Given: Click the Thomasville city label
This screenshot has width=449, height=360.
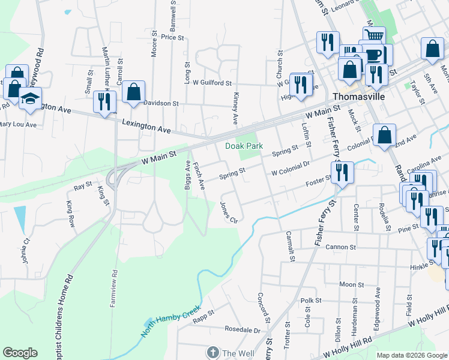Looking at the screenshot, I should tap(358, 96).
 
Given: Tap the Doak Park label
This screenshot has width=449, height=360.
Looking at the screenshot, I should tap(244, 146).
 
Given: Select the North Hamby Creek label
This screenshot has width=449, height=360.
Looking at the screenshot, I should tap(170, 320).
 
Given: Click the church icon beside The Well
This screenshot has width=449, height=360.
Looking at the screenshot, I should tap(212, 353).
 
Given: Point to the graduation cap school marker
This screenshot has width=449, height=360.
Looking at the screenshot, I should tap(29, 98).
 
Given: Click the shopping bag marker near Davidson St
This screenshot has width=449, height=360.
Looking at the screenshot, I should tap(133, 92).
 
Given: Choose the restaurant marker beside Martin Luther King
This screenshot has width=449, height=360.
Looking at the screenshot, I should tap(105, 101).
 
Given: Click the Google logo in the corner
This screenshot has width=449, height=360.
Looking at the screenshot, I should tap(20, 353).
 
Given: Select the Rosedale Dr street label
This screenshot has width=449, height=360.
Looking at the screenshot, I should tap(243, 330).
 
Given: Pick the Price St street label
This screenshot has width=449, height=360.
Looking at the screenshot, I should tap(172, 37).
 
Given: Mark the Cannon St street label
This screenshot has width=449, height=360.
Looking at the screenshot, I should tap(340, 247).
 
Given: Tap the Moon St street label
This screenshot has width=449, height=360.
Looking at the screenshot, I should tap(352, 284).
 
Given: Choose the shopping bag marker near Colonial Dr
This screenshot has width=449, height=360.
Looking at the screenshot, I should tap(384, 136).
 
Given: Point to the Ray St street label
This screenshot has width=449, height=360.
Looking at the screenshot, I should tap(82, 187).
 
